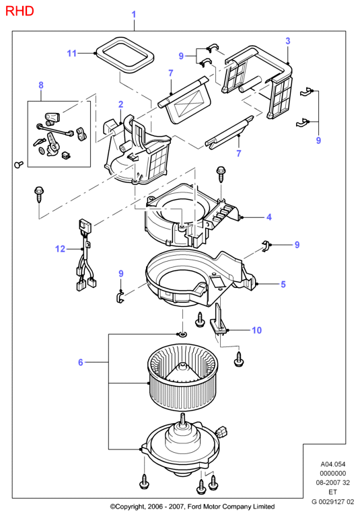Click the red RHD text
[20, 11]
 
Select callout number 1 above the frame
[134, 15]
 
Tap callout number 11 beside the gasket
[72, 53]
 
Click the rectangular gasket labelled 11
[124, 54]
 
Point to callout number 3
[288, 41]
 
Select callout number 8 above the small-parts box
[41, 85]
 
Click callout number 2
[120, 104]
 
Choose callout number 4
[269, 217]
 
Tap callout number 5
[283, 285]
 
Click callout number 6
[81, 363]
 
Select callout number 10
[256, 330]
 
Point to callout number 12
[60, 249]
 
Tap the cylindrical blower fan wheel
[183, 377]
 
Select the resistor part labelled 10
[218, 319]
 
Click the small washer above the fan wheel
[182, 334]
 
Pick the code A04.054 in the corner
[333, 464]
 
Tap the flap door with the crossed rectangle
[185, 102]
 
